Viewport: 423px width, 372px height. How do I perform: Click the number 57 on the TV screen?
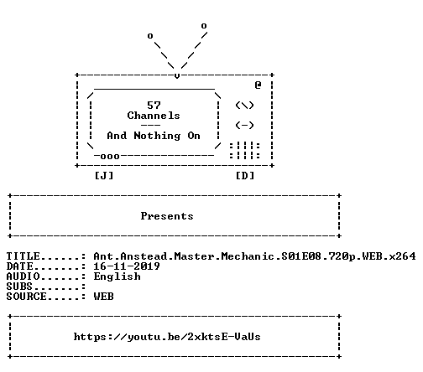pyautogui.click(x=154, y=106)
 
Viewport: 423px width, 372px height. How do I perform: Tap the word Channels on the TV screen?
pyautogui.click(x=154, y=116)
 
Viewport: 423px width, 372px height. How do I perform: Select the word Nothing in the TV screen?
pyautogui.click(x=157, y=136)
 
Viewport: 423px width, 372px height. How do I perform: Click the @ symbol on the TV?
pyautogui.click(x=258, y=85)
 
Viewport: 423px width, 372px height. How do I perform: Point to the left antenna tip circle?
pyautogui.click(x=150, y=36)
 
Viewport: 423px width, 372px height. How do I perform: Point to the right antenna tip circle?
pyautogui.click(x=204, y=26)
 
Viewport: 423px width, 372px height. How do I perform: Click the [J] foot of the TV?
pyautogui.click(x=104, y=176)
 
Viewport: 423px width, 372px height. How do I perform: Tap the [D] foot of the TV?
pyautogui.click(x=245, y=176)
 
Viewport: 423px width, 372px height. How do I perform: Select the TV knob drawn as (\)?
pyautogui.click(x=245, y=106)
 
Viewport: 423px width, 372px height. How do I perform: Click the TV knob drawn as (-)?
pyautogui.click(x=245, y=126)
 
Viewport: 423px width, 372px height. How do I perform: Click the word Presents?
pyautogui.click(x=167, y=216)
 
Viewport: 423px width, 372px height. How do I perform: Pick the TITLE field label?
pyautogui.click(x=23, y=256)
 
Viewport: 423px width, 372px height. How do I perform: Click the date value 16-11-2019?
pyautogui.click(x=127, y=266)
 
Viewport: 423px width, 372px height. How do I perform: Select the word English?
pyautogui.click(x=117, y=276)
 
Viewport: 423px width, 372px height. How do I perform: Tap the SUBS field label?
pyautogui.click(x=19, y=287)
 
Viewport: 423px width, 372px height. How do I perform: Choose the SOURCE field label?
pyautogui.click(x=27, y=297)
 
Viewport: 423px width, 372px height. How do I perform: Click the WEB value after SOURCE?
pyautogui.click(x=104, y=297)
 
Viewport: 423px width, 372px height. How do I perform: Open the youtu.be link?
pyautogui.click(x=167, y=337)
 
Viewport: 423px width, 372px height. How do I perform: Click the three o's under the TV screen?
pyautogui.click(x=110, y=156)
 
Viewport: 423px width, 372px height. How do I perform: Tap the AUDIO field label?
pyautogui.click(x=23, y=276)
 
